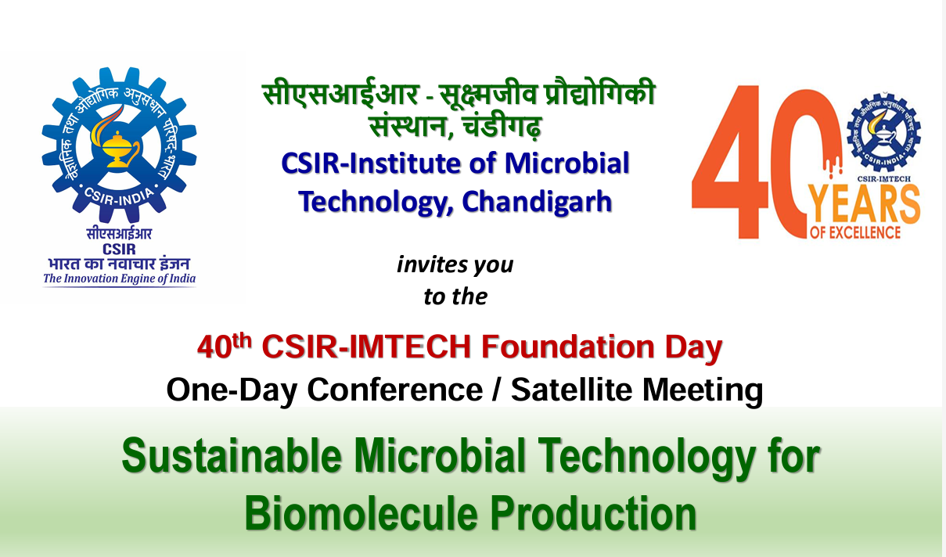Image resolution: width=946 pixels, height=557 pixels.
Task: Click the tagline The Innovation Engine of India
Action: tap(119, 279)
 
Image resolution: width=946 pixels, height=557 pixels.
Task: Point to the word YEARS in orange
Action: tap(864, 205)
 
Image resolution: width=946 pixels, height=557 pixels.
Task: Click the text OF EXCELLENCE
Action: tap(855, 232)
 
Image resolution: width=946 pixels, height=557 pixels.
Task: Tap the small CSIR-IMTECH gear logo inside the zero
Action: tap(883, 134)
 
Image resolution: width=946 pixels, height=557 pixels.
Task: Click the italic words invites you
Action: tap(455, 264)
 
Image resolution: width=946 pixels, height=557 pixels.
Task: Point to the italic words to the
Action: tap(455, 296)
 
